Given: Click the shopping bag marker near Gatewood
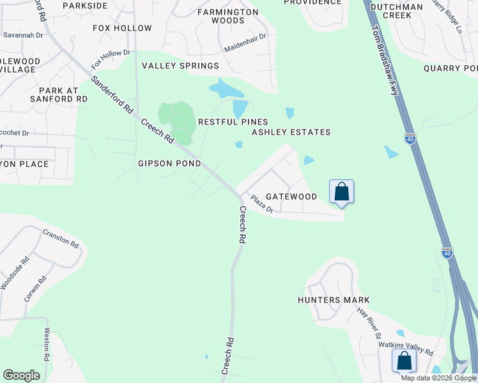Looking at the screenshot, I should coord(341,191).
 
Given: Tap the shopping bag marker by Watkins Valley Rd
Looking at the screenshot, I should coord(404,361).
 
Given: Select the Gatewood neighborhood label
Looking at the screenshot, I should coord(291,197).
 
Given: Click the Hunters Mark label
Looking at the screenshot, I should coord(334,300).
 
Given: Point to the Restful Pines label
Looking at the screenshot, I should coord(233,121).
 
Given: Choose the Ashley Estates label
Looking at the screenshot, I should coord(291,132).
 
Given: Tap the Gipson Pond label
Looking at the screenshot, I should coord(169,163).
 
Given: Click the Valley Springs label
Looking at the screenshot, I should coord(180,66).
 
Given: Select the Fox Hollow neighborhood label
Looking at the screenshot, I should coord(122,28).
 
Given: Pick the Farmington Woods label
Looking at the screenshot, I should coord(228,16).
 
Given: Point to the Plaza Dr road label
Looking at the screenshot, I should coord(262,204).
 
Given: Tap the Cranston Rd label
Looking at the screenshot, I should coord(61,239).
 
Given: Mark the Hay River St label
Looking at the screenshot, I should coord(369,323).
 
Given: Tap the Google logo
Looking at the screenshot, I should coord(21,375).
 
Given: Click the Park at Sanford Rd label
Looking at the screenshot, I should coord(59,95).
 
